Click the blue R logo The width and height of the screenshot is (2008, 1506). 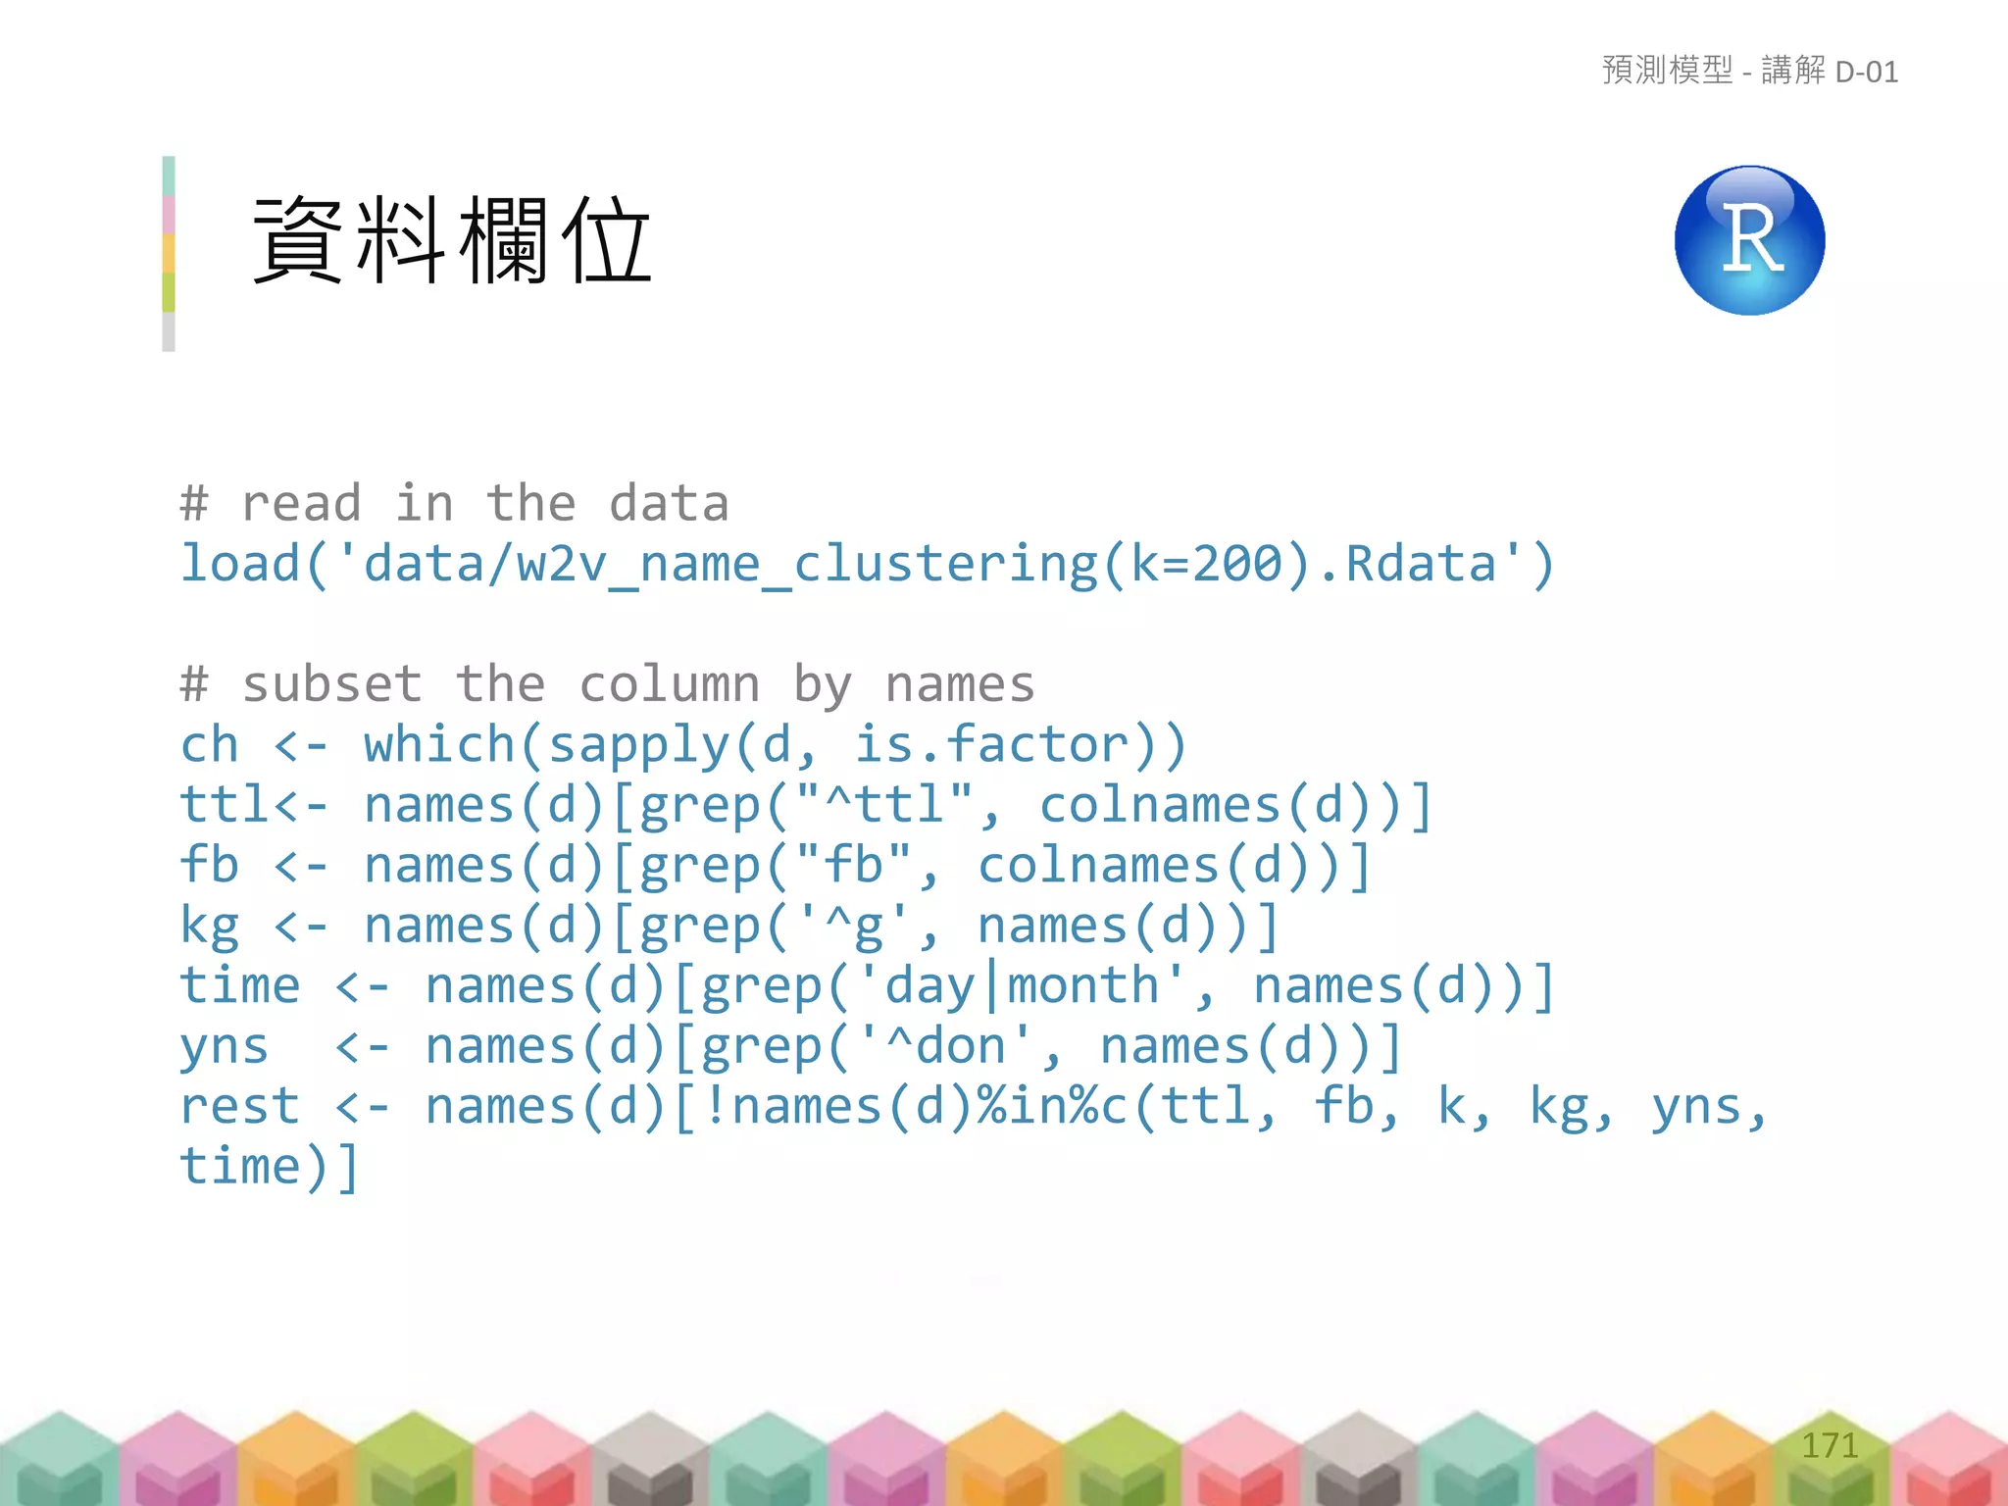coord(1749,240)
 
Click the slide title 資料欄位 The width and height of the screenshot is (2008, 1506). coord(452,241)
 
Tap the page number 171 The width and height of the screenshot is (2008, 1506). coord(1830,1445)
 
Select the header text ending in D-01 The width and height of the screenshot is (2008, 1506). coord(1750,72)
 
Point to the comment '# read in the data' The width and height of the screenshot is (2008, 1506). coord(455,504)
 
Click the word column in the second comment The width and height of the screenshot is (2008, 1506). coord(670,684)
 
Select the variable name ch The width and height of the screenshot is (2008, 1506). coord(210,745)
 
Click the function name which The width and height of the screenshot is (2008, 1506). coord(439,745)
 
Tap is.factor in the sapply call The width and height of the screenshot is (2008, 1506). coord(991,745)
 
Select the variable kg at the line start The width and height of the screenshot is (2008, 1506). coord(210,927)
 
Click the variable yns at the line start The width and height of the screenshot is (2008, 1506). coord(224,1046)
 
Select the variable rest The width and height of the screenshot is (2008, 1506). coord(240,1107)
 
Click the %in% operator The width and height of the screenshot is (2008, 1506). coord(1039,1107)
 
